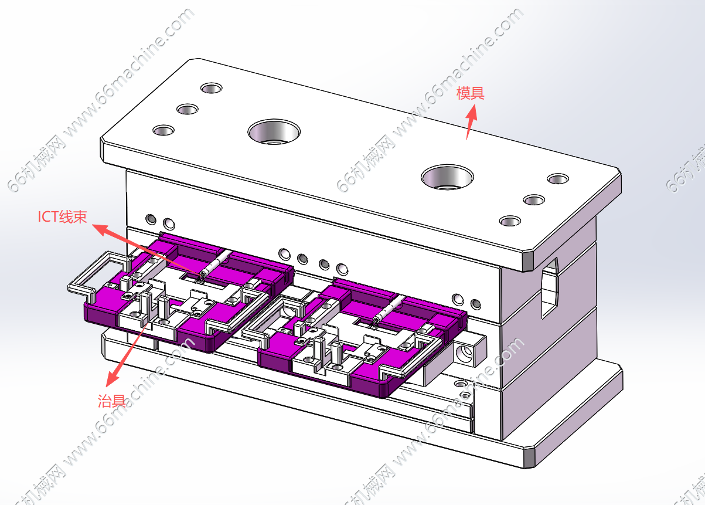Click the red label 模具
pyautogui.click(x=471, y=93)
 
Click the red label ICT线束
pyautogui.click(x=63, y=217)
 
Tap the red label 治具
pyautogui.click(x=111, y=401)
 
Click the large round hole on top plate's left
pyautogui.click(x=274, y=131)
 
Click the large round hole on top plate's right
pyautogui.click(x=448, y=176)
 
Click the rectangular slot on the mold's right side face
pyautogui.click(x=550, y=287)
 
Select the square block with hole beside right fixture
pyautogui.click(x=468, y=351)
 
